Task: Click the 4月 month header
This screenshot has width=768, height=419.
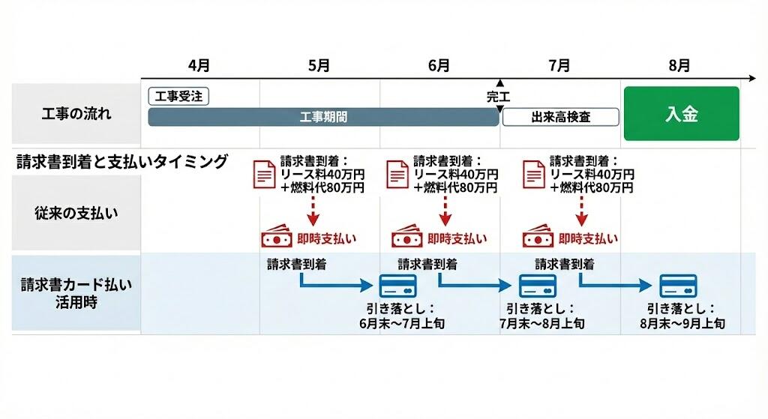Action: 199,66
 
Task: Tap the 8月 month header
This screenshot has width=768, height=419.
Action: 679,66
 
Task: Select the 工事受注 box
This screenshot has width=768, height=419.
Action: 179,96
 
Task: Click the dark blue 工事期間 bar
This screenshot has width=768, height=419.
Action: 323,118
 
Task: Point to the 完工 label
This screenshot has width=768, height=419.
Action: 498,97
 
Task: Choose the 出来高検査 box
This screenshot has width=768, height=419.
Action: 560,118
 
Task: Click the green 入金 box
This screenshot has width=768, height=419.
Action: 681,114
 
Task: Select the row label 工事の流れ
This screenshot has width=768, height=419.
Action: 76,114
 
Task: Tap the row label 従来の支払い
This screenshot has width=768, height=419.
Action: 76,213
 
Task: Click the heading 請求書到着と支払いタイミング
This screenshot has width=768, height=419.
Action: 122,162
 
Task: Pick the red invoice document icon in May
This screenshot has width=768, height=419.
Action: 264,174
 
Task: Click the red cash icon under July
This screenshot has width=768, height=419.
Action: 537,239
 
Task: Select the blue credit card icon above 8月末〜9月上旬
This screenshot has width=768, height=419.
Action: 678,286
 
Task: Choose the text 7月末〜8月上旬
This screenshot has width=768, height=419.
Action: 541,324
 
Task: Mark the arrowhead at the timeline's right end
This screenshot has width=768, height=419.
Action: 752,77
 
